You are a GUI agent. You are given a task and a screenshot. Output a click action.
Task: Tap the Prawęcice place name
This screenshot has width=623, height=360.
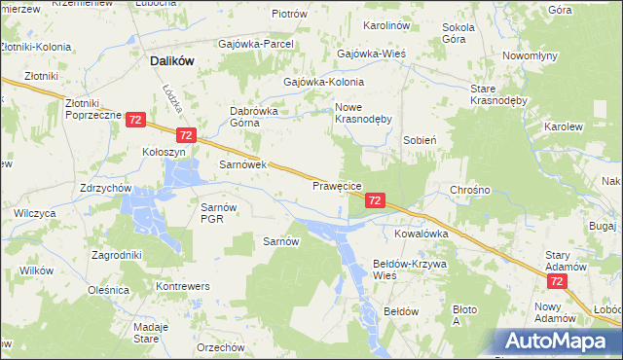click(338, 185)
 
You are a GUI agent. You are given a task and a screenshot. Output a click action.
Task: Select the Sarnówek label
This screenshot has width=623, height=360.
click(242, 165)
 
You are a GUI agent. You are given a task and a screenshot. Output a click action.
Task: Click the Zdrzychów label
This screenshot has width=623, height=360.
click(107, 187)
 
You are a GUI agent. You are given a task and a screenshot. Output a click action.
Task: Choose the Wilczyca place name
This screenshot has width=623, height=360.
click(34, 212)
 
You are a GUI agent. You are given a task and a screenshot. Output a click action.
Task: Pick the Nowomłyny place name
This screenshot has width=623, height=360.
click(530, 55)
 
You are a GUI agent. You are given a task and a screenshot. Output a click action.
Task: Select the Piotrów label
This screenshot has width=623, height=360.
click(289, 15)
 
